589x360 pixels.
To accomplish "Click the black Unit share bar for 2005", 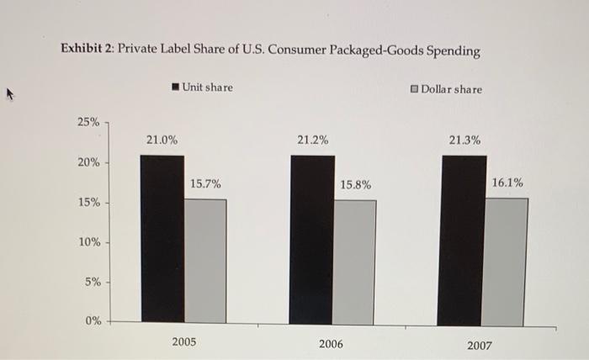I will point(162,240).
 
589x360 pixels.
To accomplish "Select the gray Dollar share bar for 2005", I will point(205,261).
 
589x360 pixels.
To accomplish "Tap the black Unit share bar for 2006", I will point(311,240).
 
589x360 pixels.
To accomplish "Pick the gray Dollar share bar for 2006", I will point(355,262).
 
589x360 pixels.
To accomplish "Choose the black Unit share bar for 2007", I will point(462,241).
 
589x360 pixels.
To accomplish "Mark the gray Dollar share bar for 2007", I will point(507,261).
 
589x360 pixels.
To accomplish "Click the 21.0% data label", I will point(162,140).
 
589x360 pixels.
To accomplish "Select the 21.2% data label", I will point(313,140).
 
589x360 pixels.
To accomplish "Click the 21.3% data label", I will point(465,140).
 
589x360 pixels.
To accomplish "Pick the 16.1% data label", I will point(507,182).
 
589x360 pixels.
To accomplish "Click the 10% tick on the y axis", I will point(89,242).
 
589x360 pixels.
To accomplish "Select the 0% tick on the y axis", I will point(91,320).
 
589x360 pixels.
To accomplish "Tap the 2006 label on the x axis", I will point(331,344).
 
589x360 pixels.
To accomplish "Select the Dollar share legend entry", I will point(446,89).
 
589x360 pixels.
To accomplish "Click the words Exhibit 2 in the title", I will point(86,50).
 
